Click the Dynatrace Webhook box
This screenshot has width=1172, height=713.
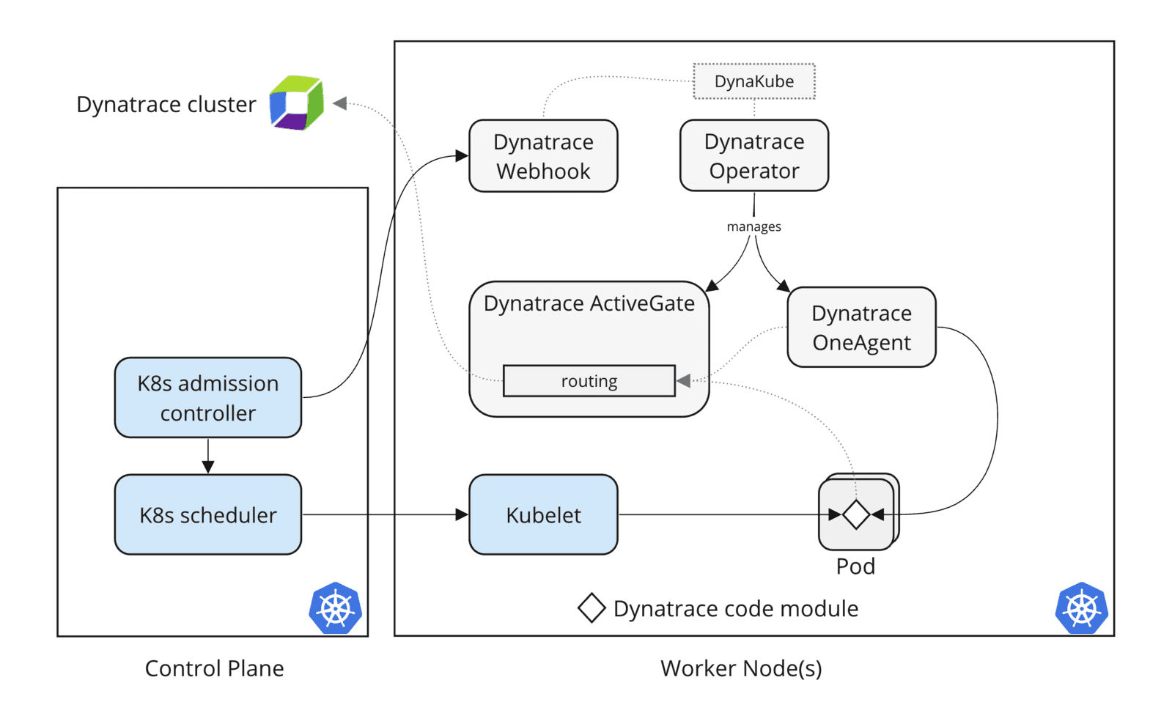tap(543, 156)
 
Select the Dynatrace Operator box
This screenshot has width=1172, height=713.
tap(753, 155)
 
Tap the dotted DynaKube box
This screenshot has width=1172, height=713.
tap(753, 81)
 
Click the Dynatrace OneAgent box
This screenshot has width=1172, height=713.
tap(861, 327)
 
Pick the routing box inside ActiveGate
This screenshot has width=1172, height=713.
tap(589, 381)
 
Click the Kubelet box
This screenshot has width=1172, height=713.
tap(543, 514)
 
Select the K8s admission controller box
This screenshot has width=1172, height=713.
tap(207, 397)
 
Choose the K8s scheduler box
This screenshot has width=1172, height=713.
tap(207, 514)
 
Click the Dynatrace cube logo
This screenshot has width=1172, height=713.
tap(297, 103)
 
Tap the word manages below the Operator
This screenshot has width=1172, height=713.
tap(753, 226)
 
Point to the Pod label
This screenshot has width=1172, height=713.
tap(855, 566)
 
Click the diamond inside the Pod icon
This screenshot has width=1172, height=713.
tap(855, 514)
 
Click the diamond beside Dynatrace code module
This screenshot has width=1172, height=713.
tap(591, 608)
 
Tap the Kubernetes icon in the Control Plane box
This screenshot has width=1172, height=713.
tap(335, 608)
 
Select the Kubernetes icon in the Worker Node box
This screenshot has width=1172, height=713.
tap(1081, 608)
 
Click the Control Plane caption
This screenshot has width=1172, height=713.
tap(214, 668)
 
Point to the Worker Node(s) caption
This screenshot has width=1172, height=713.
tap(741, 668)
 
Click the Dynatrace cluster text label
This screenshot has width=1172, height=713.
tap(166, 104)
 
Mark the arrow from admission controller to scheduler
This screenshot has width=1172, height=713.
tap(207, 456)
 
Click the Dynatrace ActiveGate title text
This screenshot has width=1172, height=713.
tap(589, 303)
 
